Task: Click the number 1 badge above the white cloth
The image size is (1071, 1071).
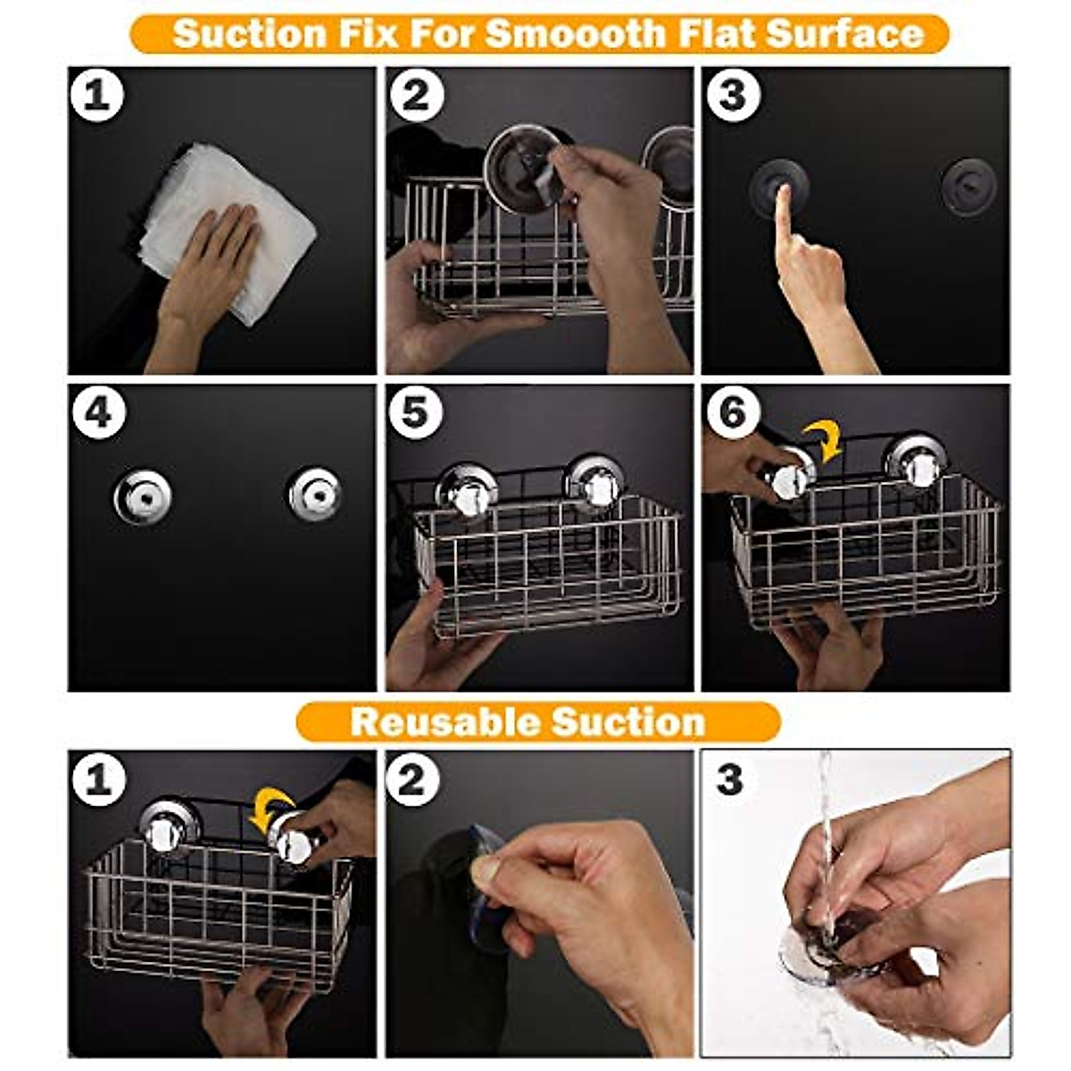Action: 97,95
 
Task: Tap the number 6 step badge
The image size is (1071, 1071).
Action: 732,412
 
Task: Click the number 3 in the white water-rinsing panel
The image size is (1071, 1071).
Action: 729,780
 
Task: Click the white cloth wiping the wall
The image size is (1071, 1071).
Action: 232,223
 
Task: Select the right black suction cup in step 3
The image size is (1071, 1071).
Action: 967,184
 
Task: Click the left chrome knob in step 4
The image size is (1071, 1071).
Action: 143,496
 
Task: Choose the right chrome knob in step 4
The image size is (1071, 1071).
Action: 315,494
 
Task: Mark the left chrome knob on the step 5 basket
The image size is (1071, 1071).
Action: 466,492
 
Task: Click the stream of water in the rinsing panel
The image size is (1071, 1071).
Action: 826,830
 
